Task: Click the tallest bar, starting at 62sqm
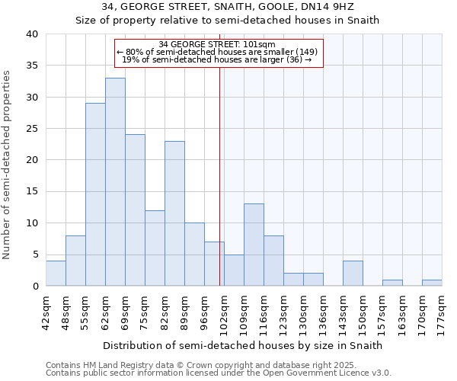(115, 182)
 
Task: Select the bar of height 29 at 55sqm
(95, 194)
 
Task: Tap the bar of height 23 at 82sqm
(174, 213)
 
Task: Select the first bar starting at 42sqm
(56, 274)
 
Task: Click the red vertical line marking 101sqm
(220, 175)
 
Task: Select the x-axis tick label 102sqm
(224, 310)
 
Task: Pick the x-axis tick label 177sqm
(442, 310)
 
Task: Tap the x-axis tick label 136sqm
(323, 310)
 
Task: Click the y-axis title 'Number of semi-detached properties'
(7, 165)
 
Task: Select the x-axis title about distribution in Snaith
(241, 345)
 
